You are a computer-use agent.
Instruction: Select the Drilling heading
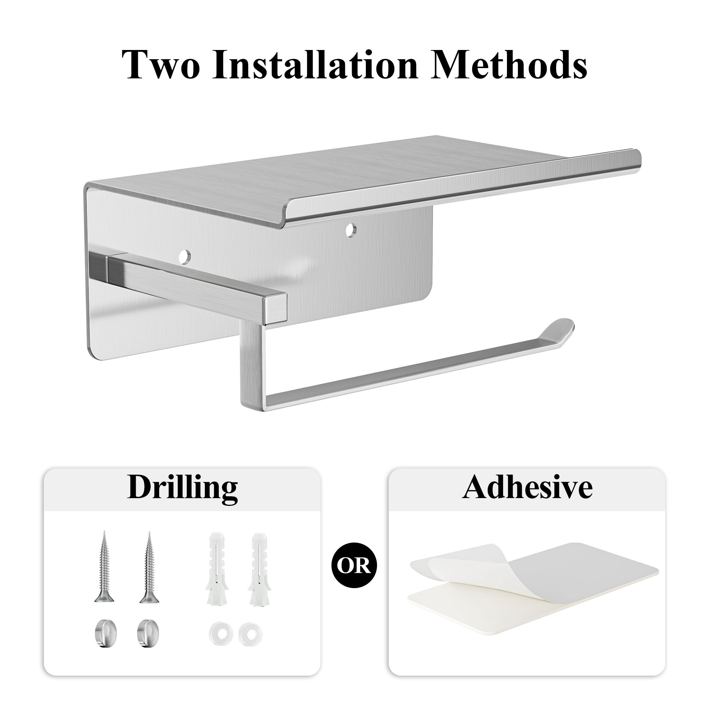click(x=182, y=489)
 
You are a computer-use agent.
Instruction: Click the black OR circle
click(x=354, y=565)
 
